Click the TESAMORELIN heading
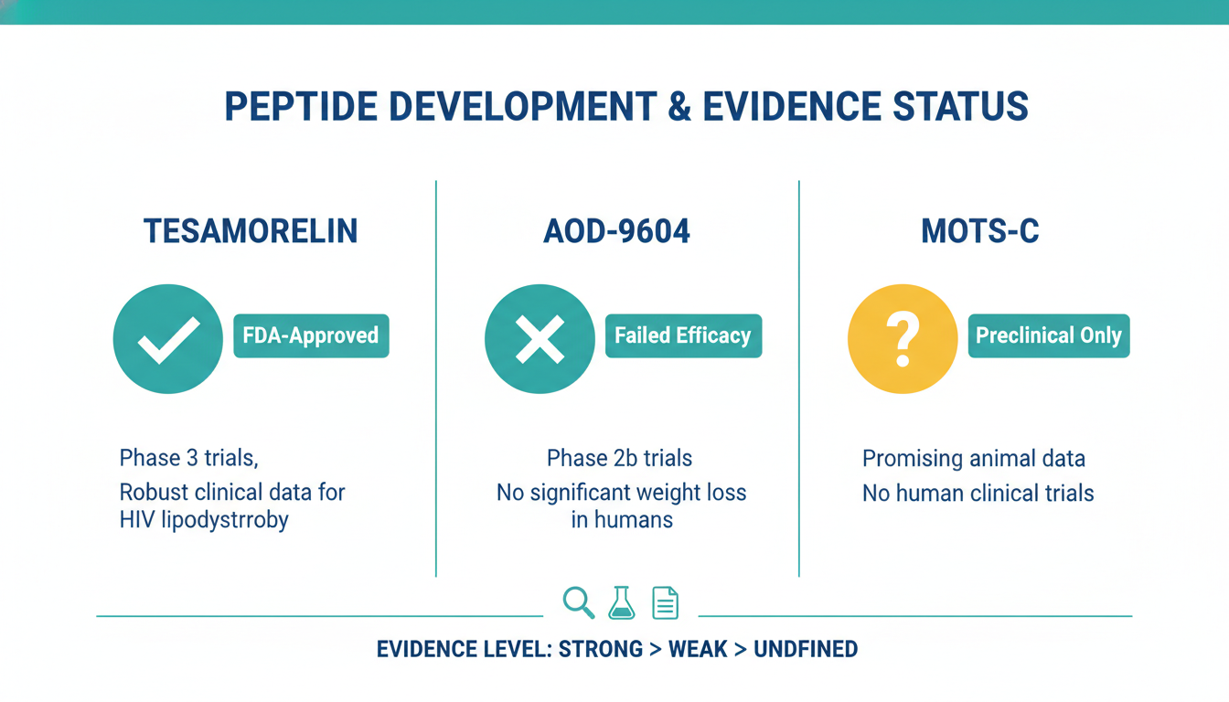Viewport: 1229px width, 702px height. coord(251,231)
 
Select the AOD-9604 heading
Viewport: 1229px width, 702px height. coord(616,231)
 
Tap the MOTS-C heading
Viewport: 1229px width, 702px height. coord(980,231)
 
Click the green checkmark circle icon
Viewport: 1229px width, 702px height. coord(168,338)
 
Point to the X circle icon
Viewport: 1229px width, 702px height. coord(540,338)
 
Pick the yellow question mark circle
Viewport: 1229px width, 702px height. coord(903,338)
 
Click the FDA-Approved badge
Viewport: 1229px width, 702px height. coord(311,335)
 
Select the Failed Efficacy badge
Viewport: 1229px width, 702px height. coord(684,335)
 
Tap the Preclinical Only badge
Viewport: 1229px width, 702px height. coord(1049,335)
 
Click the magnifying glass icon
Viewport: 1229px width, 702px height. coord(578,602)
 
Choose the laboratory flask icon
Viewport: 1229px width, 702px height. coord(622,602)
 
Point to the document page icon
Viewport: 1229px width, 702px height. coord(665,603)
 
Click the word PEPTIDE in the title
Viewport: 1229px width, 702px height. coord(301,106)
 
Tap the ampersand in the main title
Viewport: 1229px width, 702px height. coord(679,106)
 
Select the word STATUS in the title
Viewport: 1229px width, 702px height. coord(960,106)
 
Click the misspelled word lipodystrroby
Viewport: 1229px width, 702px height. coord(225,520)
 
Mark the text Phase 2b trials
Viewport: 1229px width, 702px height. coord(619,458)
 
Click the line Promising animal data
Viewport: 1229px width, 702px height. coord(974,459)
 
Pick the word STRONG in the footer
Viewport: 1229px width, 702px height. coord(600,649)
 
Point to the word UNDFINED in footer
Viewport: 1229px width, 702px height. coord(806,649)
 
